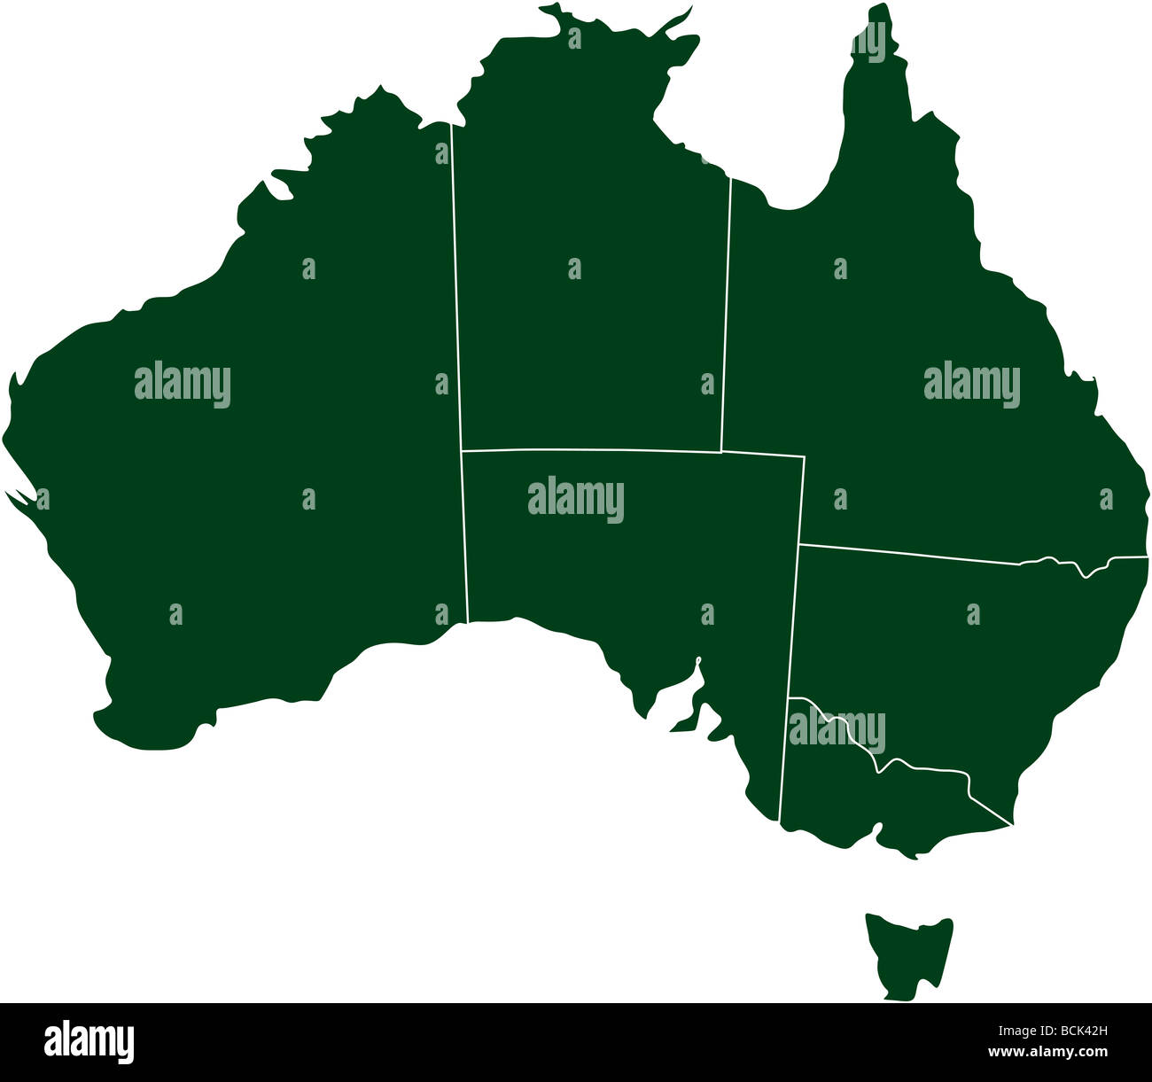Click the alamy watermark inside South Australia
pyautogui.click(x=576, y=500)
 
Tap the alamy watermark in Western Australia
pyautogui.click(x=183, y=385)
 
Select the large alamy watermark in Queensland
pyautogui.click(x=972, y=385)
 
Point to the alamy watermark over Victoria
pyautogui.click(x=837, y=730)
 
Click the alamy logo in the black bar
pyautogui.click(x=90, y=1041)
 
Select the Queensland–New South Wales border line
pyautogui.click(x=913, y=553)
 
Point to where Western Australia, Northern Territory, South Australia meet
pyautogui.click(x=462, y=450)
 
